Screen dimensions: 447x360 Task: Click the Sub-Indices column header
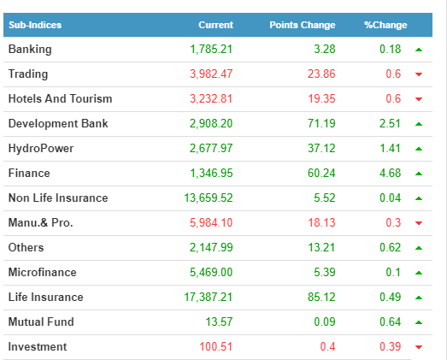click(x=35, y=25)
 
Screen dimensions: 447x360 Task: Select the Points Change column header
click(x=303, y=25)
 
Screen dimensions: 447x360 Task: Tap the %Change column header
click(x=385, y=25)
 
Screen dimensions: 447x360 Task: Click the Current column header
click(x=215, y=25)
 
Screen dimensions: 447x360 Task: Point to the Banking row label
click(x=30, y=50)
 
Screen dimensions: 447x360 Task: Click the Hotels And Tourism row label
click(x=60, y=98)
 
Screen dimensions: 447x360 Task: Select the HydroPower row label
click(x=41, y=148)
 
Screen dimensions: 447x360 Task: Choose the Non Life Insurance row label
click(x=58, y=198)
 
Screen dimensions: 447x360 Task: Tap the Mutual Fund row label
click(x=41, y=322)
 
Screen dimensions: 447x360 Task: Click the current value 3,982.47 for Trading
click(x=211, y=74)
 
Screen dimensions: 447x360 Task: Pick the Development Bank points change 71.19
click(x=321, y=123)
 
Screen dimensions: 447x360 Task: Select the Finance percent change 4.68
click(x=391, y=173)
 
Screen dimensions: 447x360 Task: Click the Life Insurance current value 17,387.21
click(x=209, y=298)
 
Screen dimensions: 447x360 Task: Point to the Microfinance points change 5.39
click(x=325, y=273)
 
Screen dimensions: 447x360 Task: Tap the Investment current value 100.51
click(x=215, y=347)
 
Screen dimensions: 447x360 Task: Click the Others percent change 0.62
click(x=391, y=248)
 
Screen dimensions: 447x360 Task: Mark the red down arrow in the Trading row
click(x=419, y=74)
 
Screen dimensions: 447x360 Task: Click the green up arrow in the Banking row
click(x=419, y=50)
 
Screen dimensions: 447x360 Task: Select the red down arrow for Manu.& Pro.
click(x=419, y=223)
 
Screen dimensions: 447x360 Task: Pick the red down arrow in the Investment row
click(x=419, y=347)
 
